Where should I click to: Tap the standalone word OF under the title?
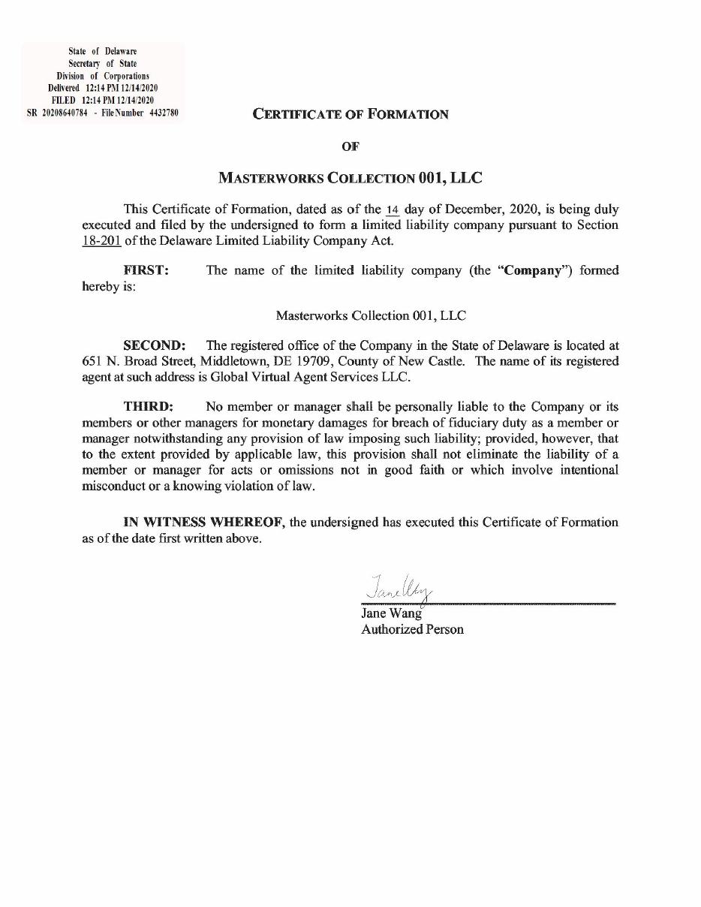click(350, 147)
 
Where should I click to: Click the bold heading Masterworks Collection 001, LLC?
click(350, 179)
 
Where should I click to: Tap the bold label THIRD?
click(149, 407)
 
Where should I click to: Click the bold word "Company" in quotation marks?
click(533, 270)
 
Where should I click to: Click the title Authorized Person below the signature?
click(412, 629)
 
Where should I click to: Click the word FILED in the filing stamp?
click(65, 101)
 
